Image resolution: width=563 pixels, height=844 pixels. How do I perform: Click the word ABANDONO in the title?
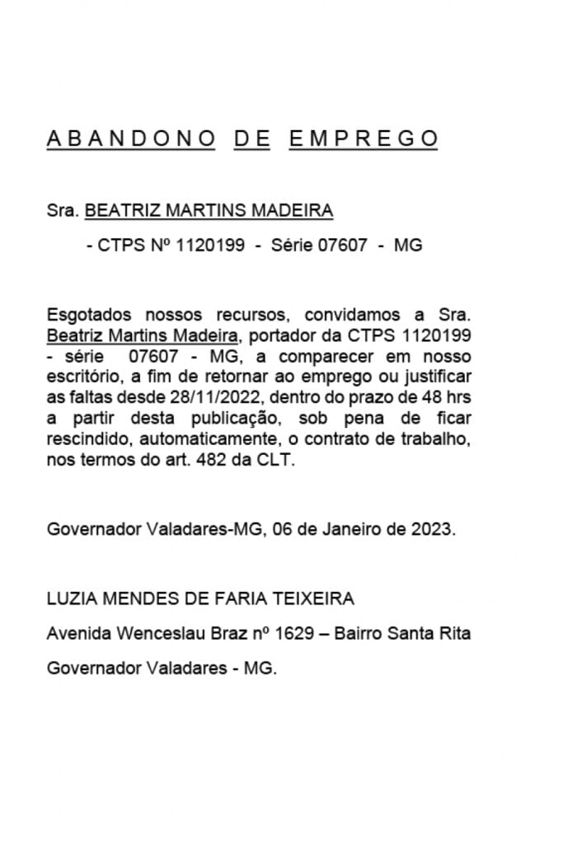[131, 138]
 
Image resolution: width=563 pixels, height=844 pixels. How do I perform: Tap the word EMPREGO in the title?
[364, 138]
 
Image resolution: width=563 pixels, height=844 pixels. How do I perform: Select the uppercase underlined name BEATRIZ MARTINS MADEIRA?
[209, 210]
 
